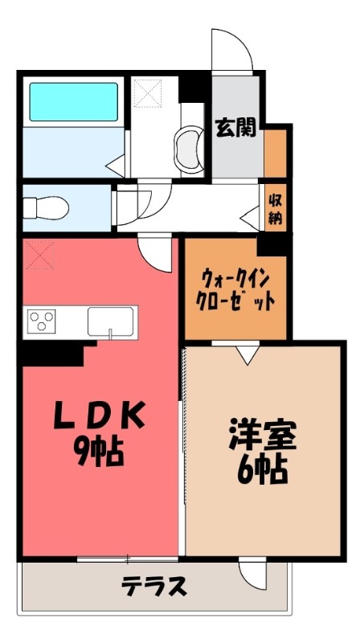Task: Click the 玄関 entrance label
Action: (235, 128)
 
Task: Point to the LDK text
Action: (100, 416)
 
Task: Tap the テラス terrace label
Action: (154, 586)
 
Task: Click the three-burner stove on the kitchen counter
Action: (41, 321)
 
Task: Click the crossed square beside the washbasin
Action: (148, 92)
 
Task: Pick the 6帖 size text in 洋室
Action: (262, 470)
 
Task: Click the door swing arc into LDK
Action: (155, 255)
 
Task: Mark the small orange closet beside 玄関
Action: (275, 152)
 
